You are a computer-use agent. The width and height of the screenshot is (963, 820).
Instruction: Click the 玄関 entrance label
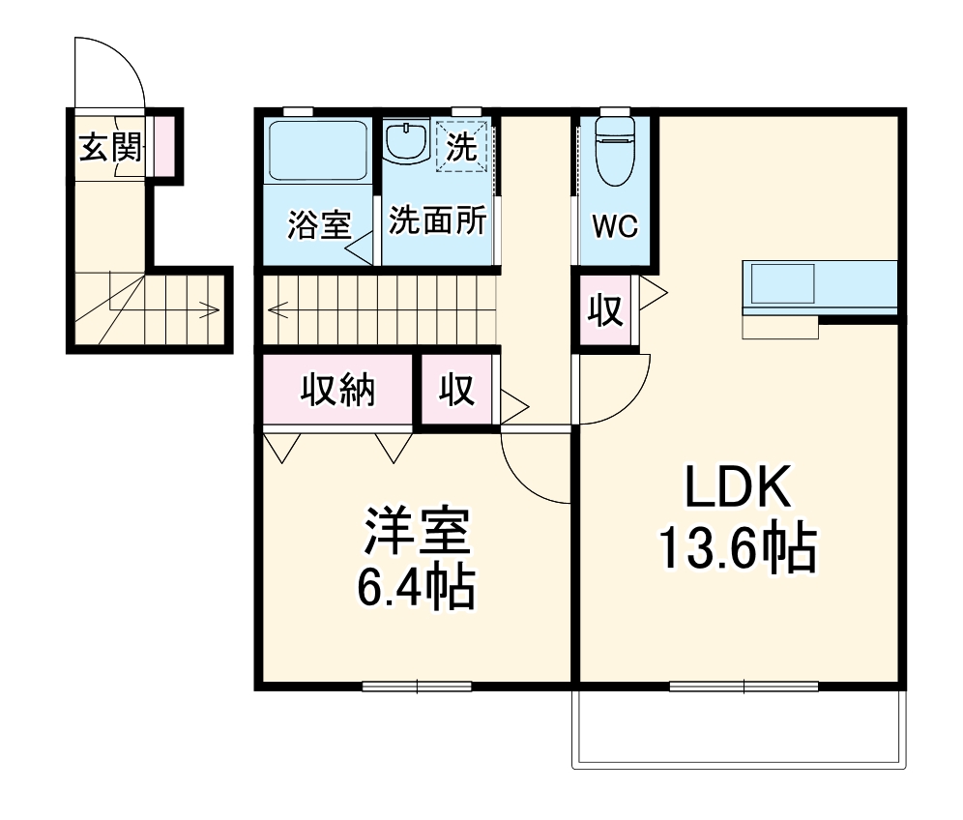coord(110,148)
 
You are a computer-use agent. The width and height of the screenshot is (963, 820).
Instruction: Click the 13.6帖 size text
coord(738,548)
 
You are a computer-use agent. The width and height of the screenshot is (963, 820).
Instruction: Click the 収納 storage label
coord(336,390)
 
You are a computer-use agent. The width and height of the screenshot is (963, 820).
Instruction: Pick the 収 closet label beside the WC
coord(606,312)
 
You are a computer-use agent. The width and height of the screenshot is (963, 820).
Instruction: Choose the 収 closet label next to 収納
coord(457,390)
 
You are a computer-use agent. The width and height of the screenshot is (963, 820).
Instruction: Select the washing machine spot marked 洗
coord(462,148)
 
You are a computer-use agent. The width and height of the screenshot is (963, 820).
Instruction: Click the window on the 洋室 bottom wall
coord(417,687)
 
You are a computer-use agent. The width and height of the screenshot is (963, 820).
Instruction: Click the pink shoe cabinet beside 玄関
coord(164,145)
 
